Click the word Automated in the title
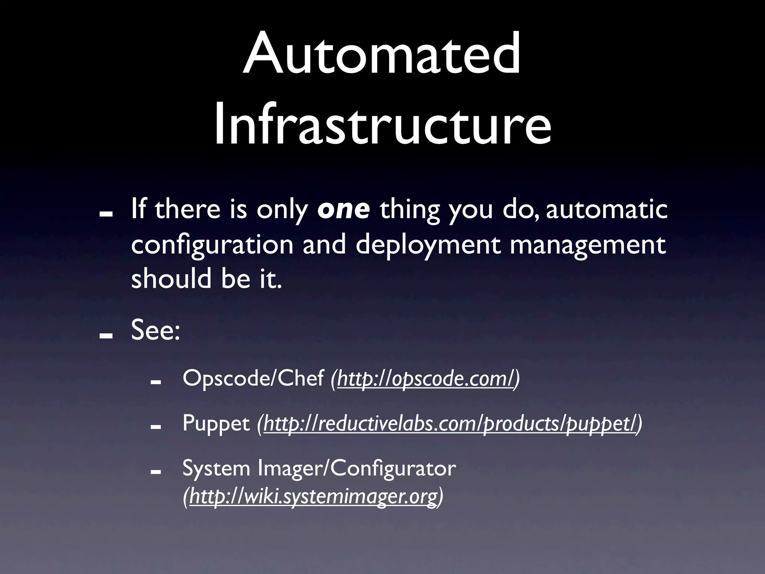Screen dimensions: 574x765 click(x=382, y=54)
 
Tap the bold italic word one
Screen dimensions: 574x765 click(x=343, y=210)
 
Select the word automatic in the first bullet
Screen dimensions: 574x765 click(x=606, y=210)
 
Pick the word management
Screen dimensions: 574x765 click(x=588, y=246)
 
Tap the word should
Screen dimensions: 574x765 click(x=171, y=279)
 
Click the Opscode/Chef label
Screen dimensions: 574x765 click(x=253, y=379)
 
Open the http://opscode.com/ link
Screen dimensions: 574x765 click(x=425, y=379)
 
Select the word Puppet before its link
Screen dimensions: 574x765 click(x=216, y=423)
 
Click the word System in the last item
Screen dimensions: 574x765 click(x=216, y=468)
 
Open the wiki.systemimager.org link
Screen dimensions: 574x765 click(x=313, y=497)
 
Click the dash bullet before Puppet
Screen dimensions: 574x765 click(x=155, y=426)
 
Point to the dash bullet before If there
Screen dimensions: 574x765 click(x=106, y=213)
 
